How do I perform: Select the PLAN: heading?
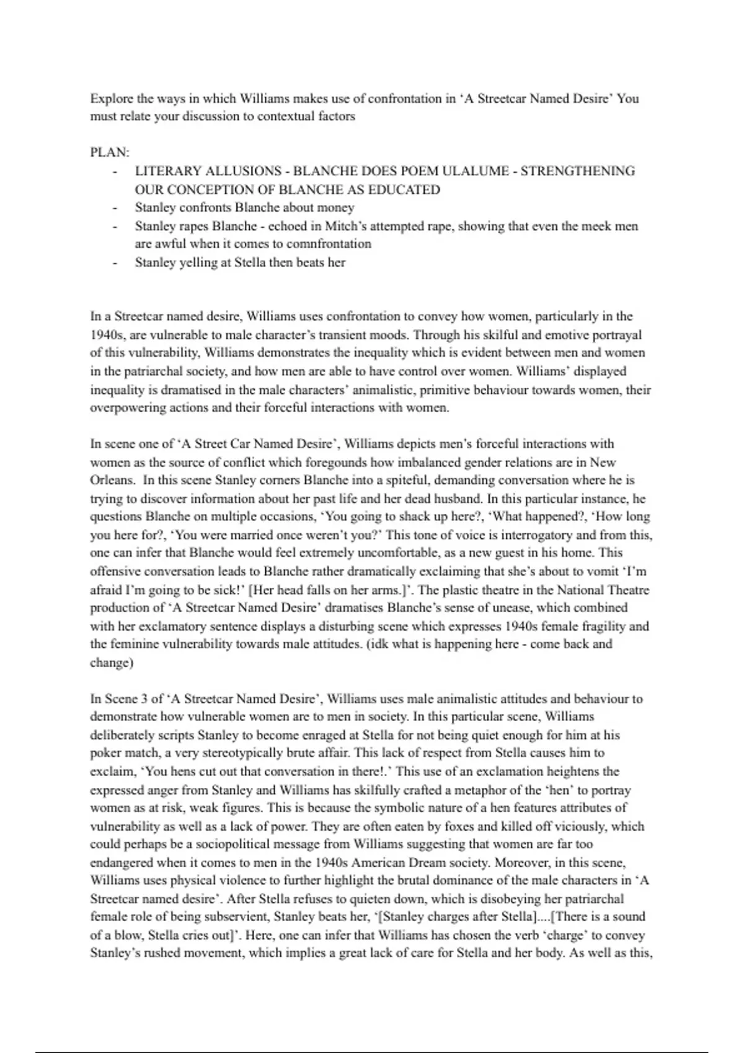[x=110, y=152]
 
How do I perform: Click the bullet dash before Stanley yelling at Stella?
[x=115, y=262]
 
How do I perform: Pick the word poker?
[x=106, y=753]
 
